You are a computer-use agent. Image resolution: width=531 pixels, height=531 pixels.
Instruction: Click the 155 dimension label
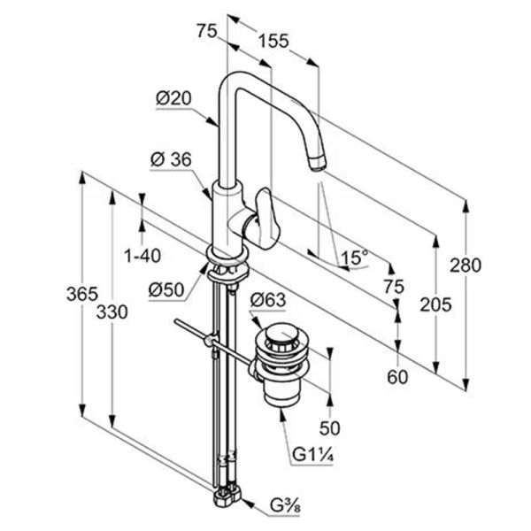[x=273, y=42]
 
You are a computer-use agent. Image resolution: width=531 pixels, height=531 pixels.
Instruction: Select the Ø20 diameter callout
[x=173, y=98]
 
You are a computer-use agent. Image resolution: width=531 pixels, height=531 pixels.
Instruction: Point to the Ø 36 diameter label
[x=171, y=159]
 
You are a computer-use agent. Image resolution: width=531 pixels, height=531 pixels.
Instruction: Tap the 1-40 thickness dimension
[x=142, y=256]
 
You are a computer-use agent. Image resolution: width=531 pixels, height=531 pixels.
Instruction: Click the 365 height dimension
[x=82, y=294]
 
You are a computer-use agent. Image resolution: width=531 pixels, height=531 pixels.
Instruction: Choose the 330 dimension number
[x=112, y=312]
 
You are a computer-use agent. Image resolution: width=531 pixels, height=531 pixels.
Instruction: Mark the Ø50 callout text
[x=166, y=290]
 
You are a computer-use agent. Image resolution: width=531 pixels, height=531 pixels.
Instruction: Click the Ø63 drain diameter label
[x=268, y=300]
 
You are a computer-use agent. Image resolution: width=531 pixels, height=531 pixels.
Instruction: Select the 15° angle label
[x=354, y=258]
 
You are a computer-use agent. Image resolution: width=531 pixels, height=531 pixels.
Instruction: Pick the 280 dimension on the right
[x=466, y=265]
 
